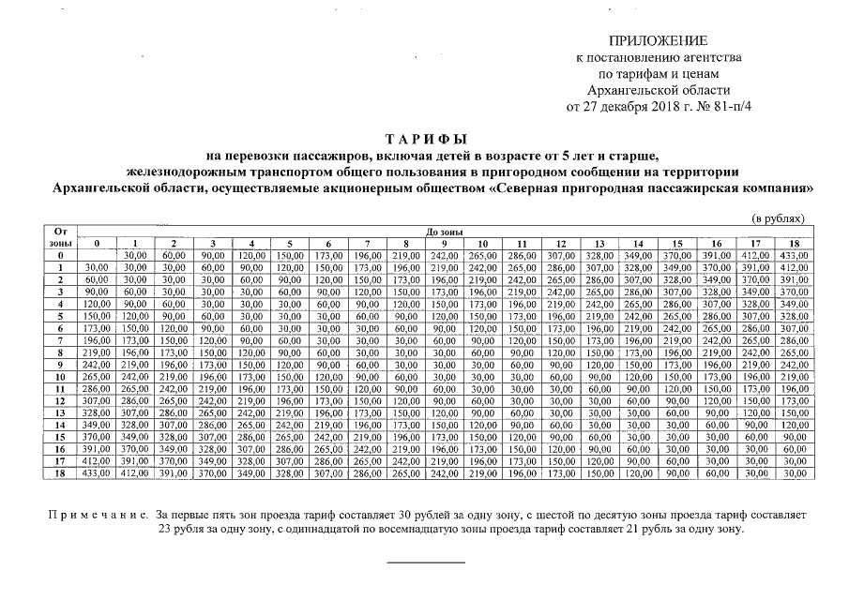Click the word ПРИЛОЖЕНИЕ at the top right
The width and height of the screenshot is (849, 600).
[659, 41]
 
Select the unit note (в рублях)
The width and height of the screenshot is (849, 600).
[781, 217]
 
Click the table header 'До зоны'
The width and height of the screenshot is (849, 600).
[442, 231]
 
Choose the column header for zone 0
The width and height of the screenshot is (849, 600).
[95, 243]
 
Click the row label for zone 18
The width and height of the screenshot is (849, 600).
[60, 474]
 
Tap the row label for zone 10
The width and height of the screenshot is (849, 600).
[60, 375]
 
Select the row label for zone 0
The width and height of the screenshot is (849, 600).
[60, 255]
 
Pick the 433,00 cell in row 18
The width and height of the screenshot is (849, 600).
[95, 474]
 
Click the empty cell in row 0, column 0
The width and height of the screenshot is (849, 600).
[95, 255]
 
